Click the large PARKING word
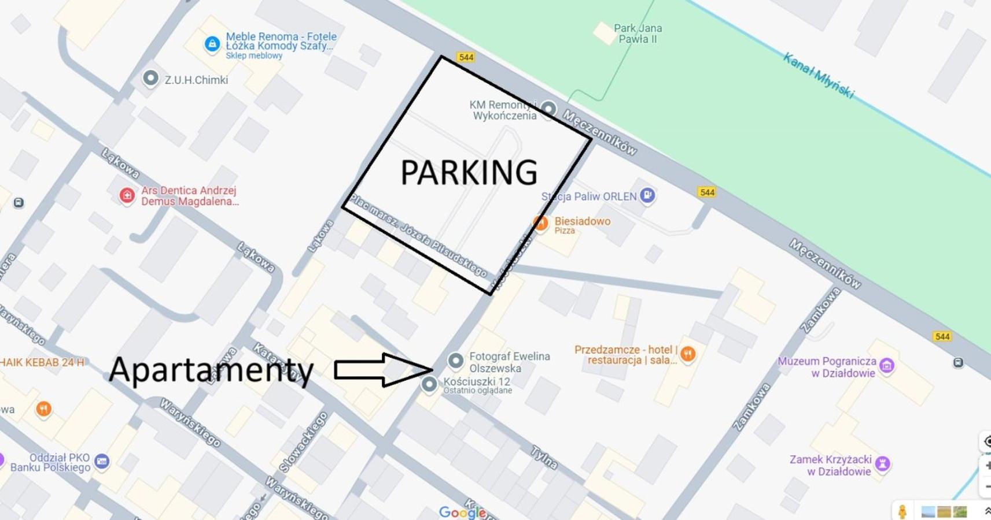click(x=469, y=173)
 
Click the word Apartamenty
click(x=211, y=370)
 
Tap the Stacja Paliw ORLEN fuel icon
click(x=647, y=195)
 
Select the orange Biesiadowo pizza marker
click(x=540, y=223)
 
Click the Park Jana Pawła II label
click(x=638, y=34)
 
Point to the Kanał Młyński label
click(x=818, y=75)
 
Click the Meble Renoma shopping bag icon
click(x=212, y=44)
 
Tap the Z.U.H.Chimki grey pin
click(x=150, y=78)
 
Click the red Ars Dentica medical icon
click(x=127, y=196)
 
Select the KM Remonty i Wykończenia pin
click(x=548, y=109)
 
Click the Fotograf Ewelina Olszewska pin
click(x=456, y=361)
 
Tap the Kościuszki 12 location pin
click(x=429, y=384)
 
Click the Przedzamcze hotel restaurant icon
click(x=688, y=354)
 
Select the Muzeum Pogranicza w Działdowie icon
click(x=887, y=365)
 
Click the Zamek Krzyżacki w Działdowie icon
click(x=883, y=463)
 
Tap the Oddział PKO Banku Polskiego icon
click(x=102, y=462)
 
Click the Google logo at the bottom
click(x=462, y=512)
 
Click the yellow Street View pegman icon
click(x=902, y=511)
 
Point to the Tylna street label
click(x=544, y=458)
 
